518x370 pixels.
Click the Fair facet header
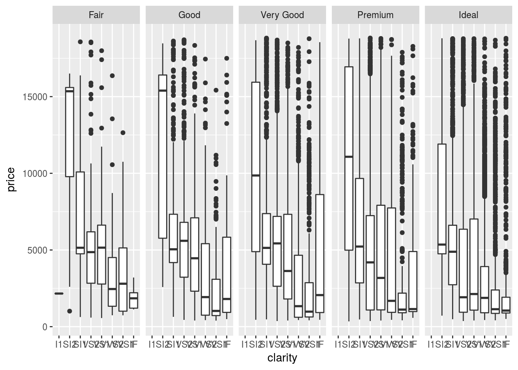[x=96, y=15]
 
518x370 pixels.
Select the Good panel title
[x=189, y=15]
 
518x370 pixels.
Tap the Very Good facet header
[x=282, y=15]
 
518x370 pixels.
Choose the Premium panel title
[x=375, y=15]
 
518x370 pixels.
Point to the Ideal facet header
[x=468, y=15]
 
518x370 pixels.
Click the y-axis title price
[x=11, y=180]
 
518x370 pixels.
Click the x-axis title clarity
[x=282, y=358]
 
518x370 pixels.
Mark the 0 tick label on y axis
[x=45, y=327]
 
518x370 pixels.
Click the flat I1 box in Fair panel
[x=59, y=294]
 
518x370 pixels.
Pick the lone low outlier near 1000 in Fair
[x=70, y=311]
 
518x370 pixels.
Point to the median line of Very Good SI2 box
[x=256, y=175]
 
